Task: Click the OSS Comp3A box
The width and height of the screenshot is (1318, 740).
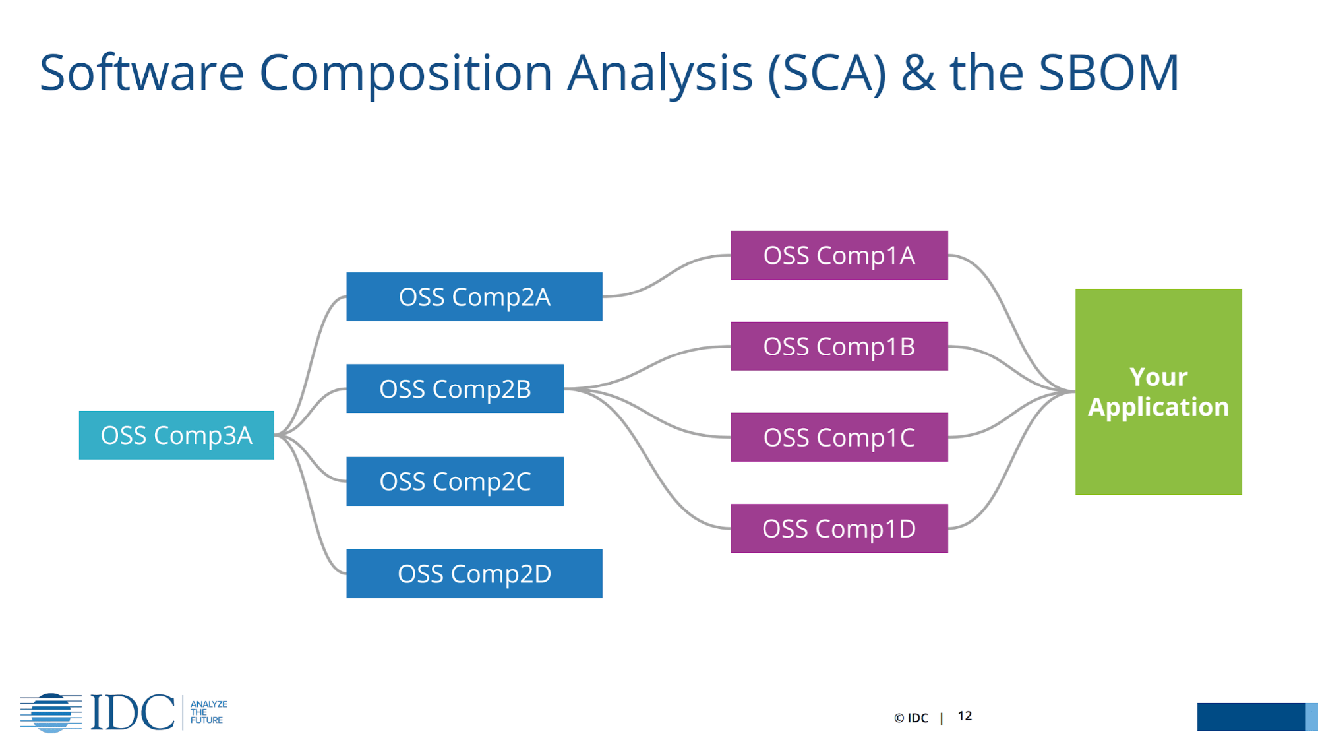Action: (176, 435)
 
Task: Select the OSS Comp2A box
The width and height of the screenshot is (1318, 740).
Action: (474, 297)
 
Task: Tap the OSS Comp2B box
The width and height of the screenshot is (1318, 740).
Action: (455, 388)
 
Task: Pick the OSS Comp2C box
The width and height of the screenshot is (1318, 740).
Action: (455, 481)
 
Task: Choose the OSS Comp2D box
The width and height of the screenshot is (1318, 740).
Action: (474, 574)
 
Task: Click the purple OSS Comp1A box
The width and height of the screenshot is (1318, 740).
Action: (839, 255)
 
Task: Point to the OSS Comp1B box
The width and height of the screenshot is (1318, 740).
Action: (839, 346)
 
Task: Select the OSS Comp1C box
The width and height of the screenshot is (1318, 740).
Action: (839, 437)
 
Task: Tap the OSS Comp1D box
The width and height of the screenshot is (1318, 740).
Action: (839, 528)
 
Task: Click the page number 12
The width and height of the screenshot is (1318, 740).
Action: (965, 716)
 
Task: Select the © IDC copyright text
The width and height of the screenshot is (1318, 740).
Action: (911, 718)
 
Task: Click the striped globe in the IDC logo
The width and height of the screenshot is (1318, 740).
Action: (51, 713)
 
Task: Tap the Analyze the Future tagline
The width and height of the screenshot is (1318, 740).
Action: (208, 712)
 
